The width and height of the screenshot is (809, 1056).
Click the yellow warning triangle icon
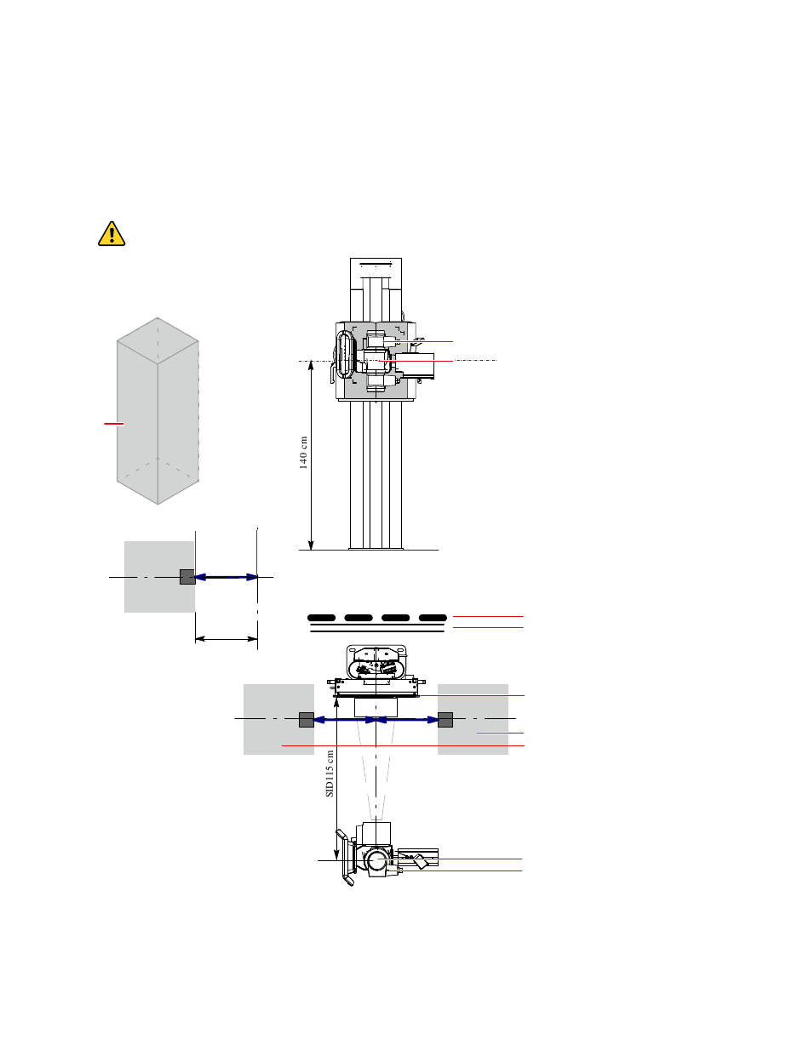click(x=112, y=234)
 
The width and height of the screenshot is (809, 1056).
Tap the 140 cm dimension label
click(x=303, y=452)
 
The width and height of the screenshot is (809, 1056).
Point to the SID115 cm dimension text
click(x=330, y=773)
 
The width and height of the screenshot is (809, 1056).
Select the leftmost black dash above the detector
click(x=321, y=618)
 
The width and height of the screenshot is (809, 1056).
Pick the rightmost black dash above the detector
click(x=433, y=618)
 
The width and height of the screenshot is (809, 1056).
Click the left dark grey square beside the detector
click(x=307, y=720)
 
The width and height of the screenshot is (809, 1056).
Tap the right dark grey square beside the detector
click(x=445, y=720)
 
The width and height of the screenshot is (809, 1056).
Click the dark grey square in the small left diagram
click(x=187, y=577)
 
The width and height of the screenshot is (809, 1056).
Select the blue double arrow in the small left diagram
click(x=226, y=577)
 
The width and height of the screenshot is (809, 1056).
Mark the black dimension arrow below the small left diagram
click(x=226, y=639)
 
